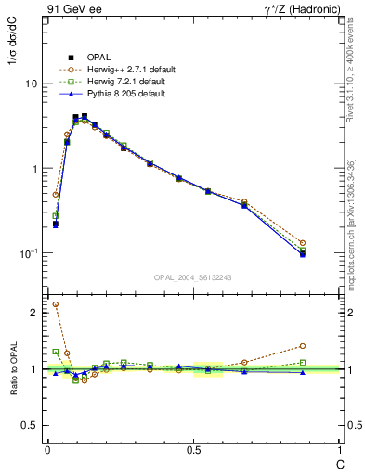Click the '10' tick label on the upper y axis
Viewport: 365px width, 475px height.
click(30, 83)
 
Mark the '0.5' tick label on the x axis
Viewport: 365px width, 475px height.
click(193, 449)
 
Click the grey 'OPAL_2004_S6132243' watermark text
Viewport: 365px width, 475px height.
click(193, 277)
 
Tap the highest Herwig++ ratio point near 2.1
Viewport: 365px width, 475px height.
click(56, 304)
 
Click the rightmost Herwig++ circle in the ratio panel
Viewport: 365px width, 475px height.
click(303, 346)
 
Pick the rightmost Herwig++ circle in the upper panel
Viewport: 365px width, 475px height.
click(303, 243)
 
